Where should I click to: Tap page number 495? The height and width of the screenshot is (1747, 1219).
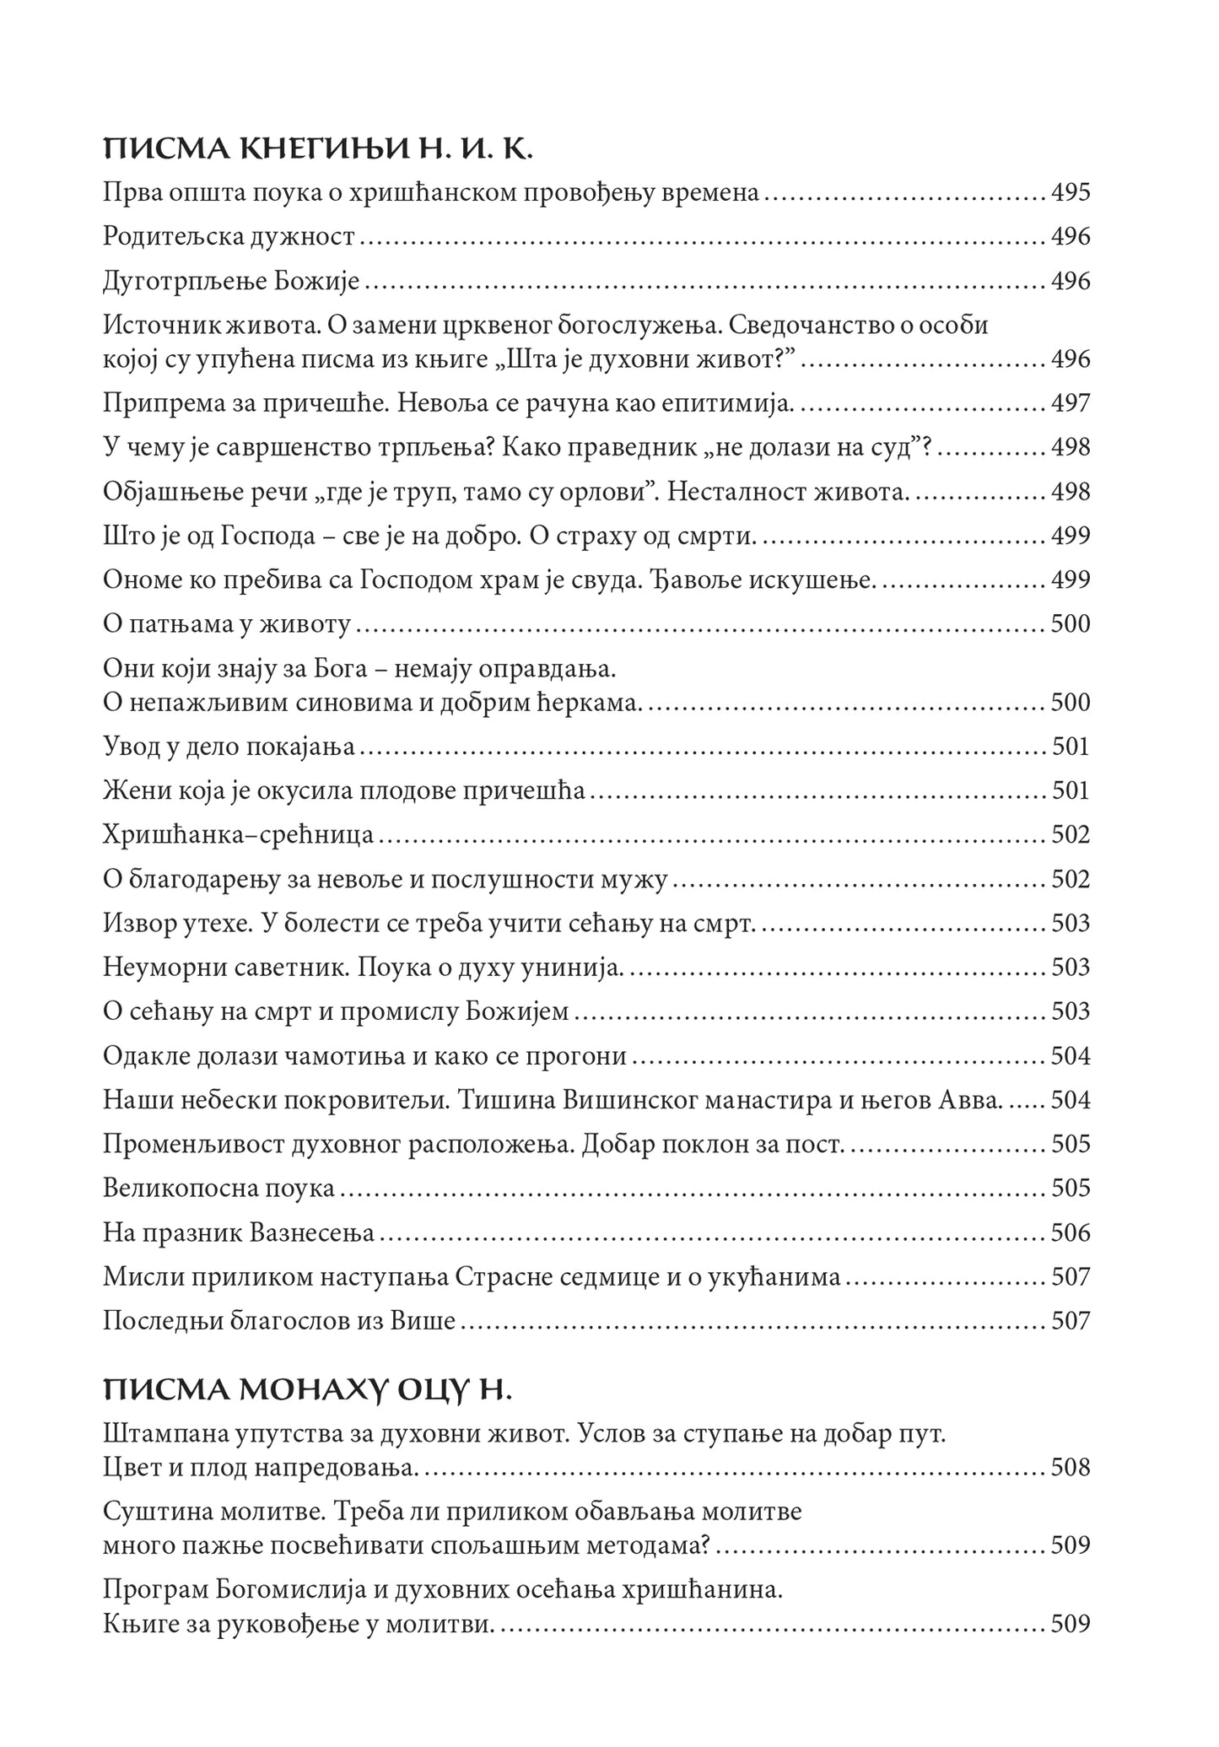[1071, 193]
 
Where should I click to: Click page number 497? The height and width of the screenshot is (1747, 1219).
[1071, 403]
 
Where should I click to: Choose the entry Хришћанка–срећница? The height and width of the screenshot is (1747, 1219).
[239, 835]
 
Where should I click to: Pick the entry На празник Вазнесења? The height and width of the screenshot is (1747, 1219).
[239, 1233]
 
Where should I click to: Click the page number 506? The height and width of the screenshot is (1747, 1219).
[1071, 1233]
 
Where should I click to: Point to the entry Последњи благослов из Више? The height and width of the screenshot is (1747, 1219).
[279, 1321]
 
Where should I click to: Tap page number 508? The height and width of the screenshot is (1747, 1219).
[1071, 1468]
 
